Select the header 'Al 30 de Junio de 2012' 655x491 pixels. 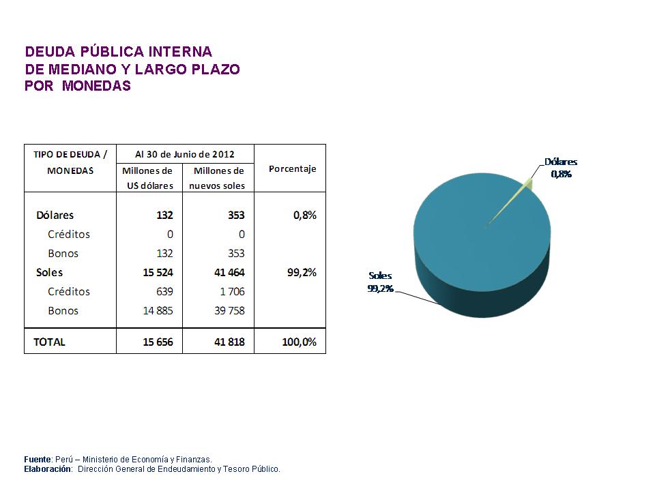pos(184,154)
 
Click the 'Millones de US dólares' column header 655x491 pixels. pos(147,178)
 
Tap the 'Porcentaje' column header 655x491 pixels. pos(292,168)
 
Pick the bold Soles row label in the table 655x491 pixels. pos(49,272)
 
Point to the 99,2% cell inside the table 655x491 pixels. pos(300,272)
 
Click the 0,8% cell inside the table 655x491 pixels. pos(303,215)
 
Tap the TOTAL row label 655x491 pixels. pos(50,342)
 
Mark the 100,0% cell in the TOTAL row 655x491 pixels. pos(299,342)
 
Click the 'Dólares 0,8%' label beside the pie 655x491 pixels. pos(560,168)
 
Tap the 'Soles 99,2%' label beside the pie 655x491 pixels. pos(380,282)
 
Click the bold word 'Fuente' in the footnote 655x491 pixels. pos(38,459)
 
